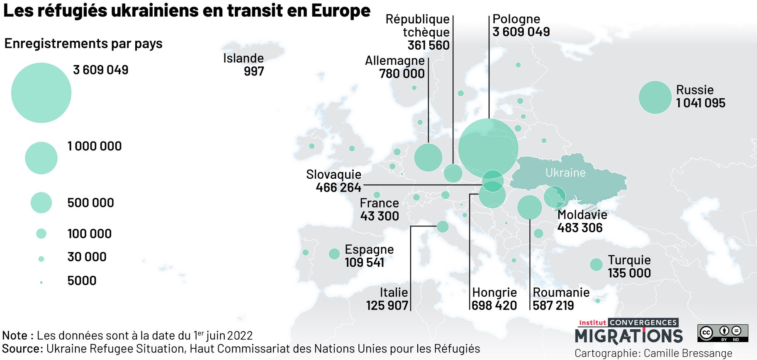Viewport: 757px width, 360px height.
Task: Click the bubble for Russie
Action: point(655,97)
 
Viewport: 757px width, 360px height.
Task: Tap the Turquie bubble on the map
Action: point(596,264)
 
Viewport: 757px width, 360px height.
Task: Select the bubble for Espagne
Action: point(334,254)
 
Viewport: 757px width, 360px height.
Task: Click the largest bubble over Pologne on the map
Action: point(488,148)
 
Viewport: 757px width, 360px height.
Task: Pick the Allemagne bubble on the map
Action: point(428,157)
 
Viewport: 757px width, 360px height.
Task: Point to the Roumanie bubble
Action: point(530,207)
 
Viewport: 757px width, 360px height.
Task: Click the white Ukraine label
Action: point(565,173)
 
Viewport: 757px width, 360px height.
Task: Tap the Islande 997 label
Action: point(243,65)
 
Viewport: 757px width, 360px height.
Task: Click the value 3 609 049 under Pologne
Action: point(521,32)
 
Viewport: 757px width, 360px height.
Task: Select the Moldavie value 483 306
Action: point(580,228)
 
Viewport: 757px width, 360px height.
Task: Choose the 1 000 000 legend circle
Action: point(41,158)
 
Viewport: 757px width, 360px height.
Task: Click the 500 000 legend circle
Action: point(41,203)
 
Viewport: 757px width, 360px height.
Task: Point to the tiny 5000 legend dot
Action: point(41,282)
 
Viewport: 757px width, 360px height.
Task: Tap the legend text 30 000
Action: point(87,257)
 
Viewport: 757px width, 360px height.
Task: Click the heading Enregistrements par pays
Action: point(83,44)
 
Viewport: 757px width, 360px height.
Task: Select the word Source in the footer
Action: point(22,348)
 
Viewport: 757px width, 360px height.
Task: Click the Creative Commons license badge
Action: point(723,333)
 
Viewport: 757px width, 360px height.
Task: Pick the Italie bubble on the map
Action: point(443,226)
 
